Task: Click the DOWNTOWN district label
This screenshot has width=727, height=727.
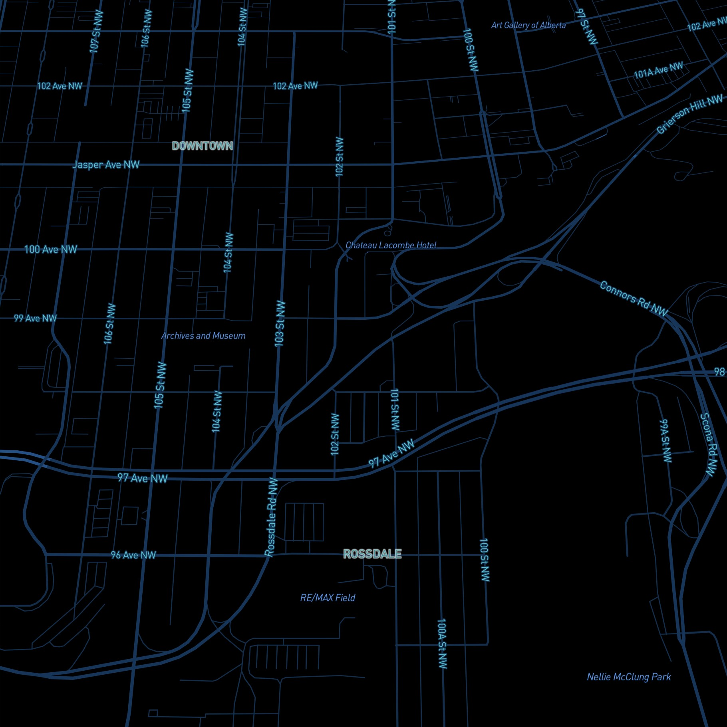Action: (x=202, y=146)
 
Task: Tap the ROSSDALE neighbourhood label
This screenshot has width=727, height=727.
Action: (x=372, y=554)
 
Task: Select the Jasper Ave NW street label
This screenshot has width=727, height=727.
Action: (x=106, y=164)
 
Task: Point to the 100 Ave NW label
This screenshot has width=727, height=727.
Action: (x=50, y=250)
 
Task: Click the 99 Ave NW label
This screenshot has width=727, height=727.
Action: (x=35, y=318)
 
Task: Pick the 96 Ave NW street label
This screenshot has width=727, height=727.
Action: (x=133, y=555)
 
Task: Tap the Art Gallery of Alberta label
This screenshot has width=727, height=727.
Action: (x=528, y=25)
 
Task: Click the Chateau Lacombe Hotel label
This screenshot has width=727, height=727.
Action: (x=391, y=245)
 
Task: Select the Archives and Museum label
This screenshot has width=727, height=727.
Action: (x=203, y=336)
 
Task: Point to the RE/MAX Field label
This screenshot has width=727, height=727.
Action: (x=328, y=598)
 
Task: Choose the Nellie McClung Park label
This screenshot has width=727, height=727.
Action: (x=629, y=677)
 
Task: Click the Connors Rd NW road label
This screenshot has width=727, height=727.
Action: (x=634, y=299)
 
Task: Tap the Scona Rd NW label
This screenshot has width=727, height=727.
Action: (x=708, y=444)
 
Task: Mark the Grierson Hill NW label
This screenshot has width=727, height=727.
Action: (x=689, y=115)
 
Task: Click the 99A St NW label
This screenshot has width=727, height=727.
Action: (x=665, y=440)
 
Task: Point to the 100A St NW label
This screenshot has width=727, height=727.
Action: (x=442, y=644)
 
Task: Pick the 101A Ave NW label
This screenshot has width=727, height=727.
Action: (x=658, y=70)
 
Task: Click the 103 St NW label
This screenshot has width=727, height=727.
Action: (x=280, y=323)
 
